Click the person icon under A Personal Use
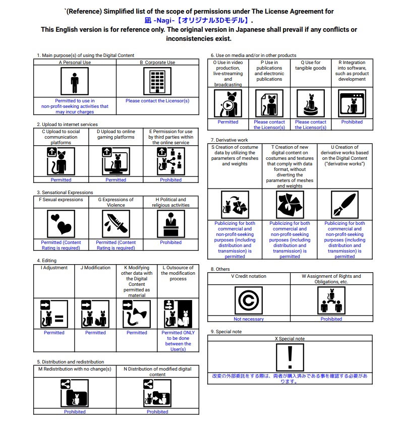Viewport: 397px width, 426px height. [75, 81]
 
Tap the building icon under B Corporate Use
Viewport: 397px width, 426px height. [157, 81]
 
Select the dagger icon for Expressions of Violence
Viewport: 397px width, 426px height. [116, 223]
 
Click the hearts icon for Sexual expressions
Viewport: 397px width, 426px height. [61, 223]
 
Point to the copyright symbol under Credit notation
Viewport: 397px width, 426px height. [248, 300]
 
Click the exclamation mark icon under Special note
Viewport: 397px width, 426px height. [290, 357]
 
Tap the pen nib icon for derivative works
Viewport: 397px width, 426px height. [345, 205]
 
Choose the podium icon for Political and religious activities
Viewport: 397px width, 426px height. [171, 223]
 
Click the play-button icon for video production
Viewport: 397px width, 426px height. [228, 104]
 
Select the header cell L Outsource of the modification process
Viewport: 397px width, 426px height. [178, 273]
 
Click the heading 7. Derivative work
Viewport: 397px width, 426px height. [230, 140]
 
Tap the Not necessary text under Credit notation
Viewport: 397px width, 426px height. [248, 319]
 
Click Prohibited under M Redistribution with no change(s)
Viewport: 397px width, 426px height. [75, 412]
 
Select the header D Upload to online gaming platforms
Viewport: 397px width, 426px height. [116, 135]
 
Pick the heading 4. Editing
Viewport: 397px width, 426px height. [47, 261]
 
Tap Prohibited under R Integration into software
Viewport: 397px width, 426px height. [352, 122]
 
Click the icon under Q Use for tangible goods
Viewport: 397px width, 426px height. [310, 104]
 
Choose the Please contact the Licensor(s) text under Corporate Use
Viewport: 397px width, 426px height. [157, 101]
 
